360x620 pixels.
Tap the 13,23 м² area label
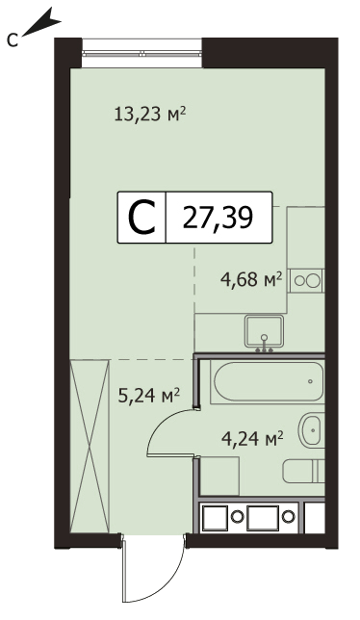tap(150, 115)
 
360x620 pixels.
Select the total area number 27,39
tap(218, 218)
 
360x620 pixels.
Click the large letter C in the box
tap(141, 217)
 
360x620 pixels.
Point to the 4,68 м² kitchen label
tap(250, 281)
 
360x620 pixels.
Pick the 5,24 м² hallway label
tap(149, 395)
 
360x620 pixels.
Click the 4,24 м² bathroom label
tap(252, 438)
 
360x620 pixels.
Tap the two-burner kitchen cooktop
tap(306, 281)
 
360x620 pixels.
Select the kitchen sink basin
tap(264, 330)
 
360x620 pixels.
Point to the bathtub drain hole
tap(310, 381)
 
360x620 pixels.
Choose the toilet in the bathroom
tap(304, 471)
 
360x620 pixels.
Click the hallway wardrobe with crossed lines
tap(89, 446)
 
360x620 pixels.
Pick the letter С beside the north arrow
tap(13, 39)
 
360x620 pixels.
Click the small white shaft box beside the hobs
tap(315, 516)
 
